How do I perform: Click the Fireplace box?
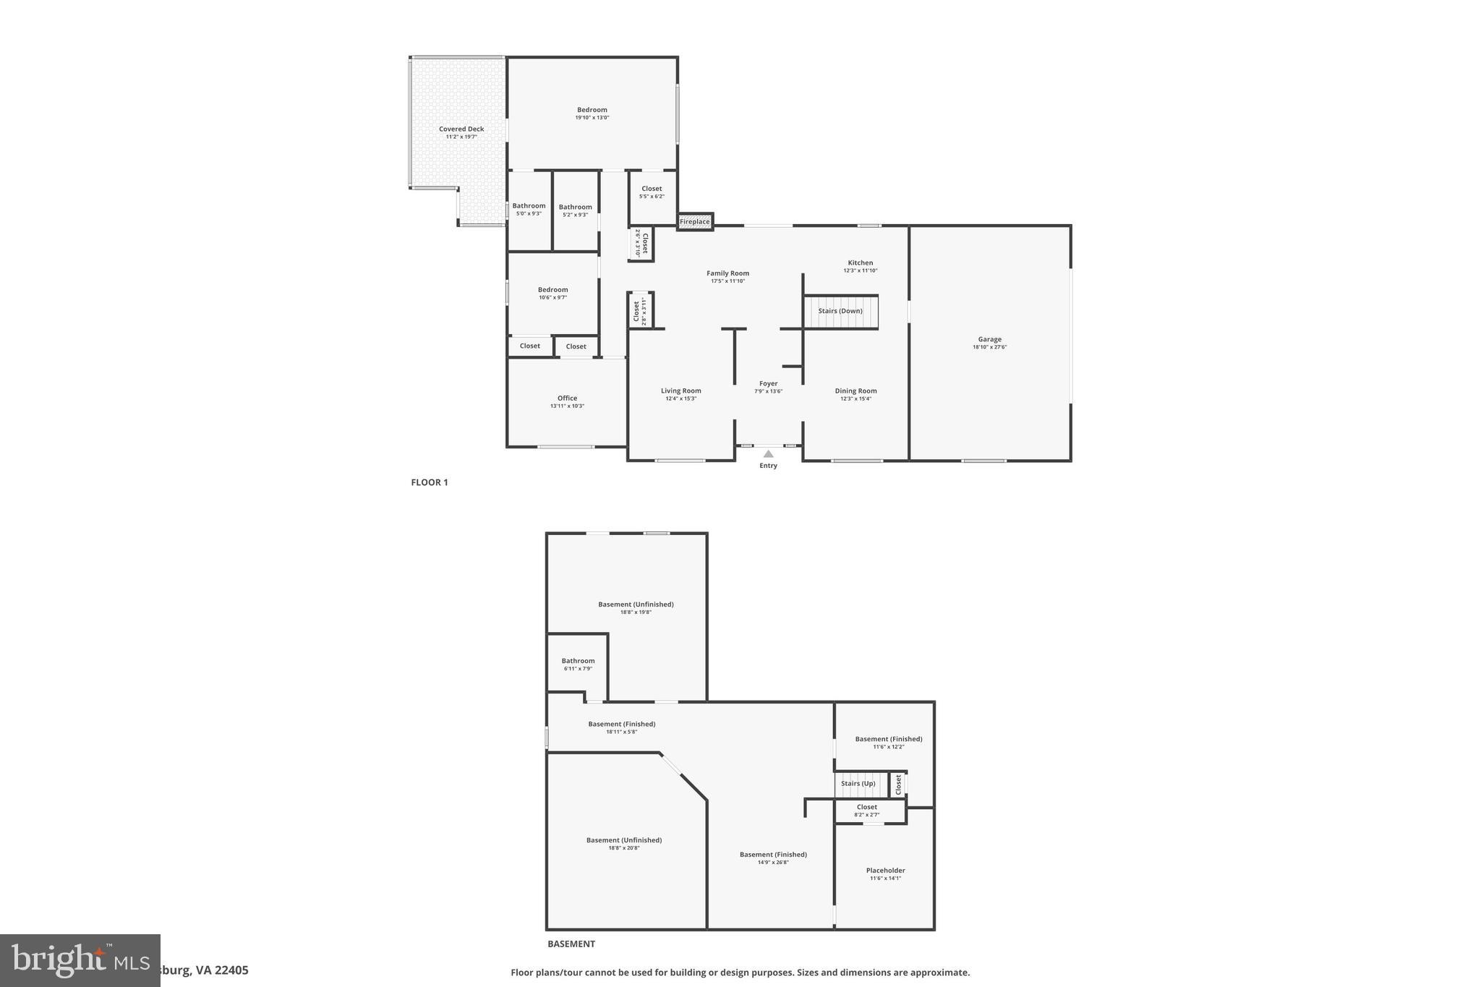coord(694,221)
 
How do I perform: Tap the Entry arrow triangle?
coord(768,454)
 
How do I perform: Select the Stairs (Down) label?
coord(840,311)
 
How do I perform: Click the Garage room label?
coord(989,339)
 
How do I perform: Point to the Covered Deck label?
coord(461,129)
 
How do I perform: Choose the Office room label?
coord(567,398)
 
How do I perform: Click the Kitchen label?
coord(860,263)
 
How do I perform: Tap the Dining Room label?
coord(855,391)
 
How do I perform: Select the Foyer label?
coord(768,384)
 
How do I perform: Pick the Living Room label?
coord(680,391)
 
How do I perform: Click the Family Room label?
coord(727,273)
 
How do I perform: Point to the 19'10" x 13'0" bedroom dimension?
coord(592,118)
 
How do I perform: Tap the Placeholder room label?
coord(885,871)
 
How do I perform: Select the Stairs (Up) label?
coord(858,783)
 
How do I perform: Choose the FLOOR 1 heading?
coord(430,482)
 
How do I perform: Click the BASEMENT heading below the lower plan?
coord(571,944)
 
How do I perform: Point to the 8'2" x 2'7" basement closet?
coord(866,811)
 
